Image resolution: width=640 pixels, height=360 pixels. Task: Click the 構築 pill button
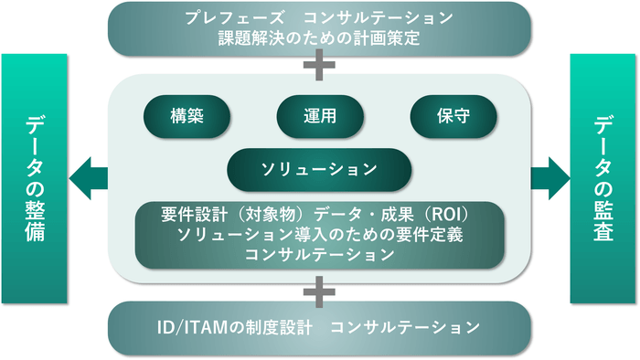[187, 118]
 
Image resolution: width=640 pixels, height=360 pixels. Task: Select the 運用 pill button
[320, 118]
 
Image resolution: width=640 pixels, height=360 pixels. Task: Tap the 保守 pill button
[453, 118]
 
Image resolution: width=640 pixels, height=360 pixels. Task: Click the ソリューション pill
[319, 169]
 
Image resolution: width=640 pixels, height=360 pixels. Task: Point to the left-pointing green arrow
[89, 174]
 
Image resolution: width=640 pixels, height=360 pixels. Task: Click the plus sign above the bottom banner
[319, 292]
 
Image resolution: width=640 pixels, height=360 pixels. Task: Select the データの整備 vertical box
[35, 178]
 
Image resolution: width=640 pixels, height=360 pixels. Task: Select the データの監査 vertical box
[604, 178]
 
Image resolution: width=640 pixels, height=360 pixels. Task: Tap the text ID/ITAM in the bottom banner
[192, 326]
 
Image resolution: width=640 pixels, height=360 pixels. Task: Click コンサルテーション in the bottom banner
[404, 326]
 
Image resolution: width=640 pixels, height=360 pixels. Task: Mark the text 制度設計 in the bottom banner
[279, 326]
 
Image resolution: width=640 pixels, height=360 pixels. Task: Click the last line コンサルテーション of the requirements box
[319, 255]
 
